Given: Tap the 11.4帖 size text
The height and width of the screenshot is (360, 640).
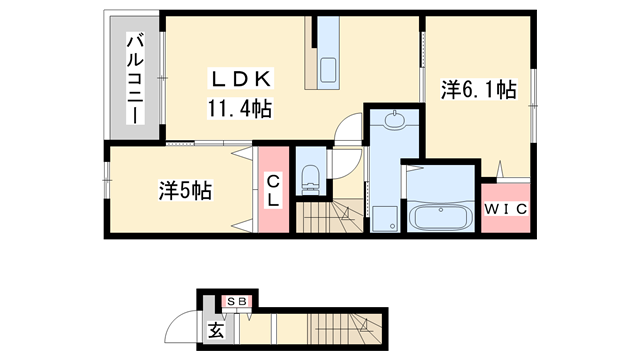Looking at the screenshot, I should [241, 106].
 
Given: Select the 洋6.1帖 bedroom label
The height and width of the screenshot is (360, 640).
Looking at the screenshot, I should [479, 90].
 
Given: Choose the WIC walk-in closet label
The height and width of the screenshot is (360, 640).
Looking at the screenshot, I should [506, 208].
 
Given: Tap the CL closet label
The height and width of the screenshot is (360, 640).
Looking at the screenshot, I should [273, 189].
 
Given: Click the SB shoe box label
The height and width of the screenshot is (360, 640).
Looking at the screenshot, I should [236, 300].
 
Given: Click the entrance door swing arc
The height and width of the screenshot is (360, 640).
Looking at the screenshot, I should [183, 325].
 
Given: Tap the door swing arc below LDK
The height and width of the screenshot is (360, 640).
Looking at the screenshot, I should [347, 131].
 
